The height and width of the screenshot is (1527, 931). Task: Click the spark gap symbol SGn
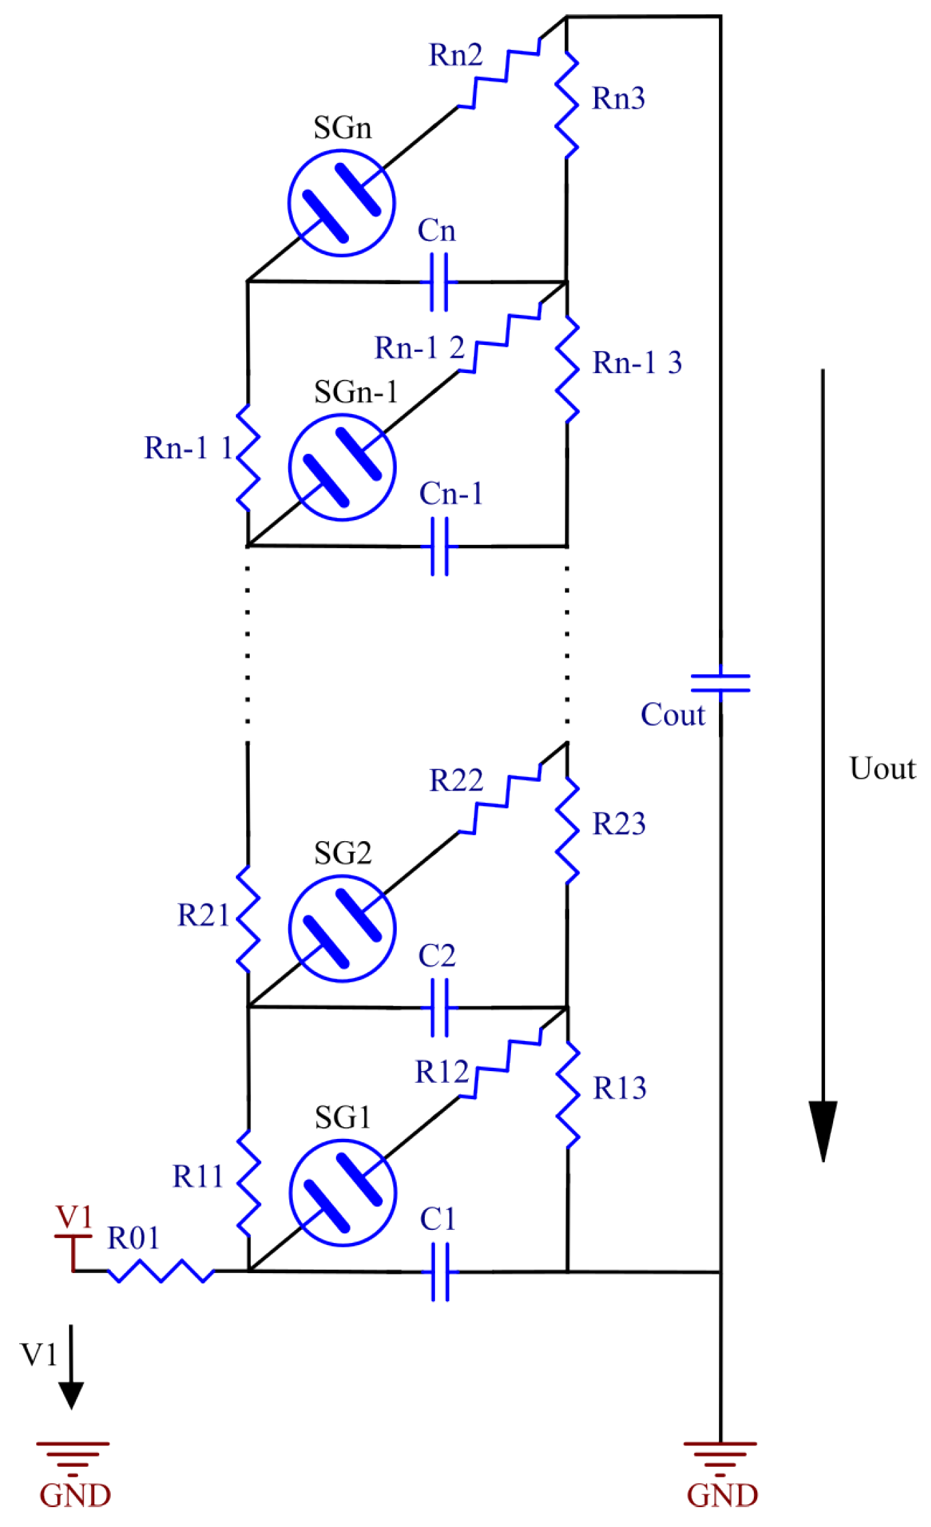[341, 203]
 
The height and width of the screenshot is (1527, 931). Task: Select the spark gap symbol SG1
[343, 1192]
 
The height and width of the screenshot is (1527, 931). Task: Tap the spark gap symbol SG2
[342, 929]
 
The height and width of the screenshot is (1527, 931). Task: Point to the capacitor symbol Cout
[720, 683]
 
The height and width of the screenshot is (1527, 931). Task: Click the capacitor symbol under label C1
[440, 1272]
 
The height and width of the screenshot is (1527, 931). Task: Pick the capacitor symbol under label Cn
[438, 282]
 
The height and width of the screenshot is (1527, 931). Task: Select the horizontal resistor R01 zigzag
[161, 1271]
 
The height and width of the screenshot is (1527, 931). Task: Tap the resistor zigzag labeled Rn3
[567, 105]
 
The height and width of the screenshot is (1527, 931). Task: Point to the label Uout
[882, 769]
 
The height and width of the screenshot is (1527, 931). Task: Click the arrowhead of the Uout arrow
[823, 1129]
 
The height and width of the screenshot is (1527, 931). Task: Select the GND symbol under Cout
[720, 1457]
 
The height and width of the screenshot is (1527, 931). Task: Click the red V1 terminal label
[73, 1217]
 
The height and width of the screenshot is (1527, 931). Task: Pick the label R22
[456, 780]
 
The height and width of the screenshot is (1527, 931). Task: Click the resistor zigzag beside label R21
[248, 919]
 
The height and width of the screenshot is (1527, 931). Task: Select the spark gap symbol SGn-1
[342, 467]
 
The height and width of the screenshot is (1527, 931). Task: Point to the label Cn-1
[451, 493]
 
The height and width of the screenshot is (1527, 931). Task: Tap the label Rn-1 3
[637, 363]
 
